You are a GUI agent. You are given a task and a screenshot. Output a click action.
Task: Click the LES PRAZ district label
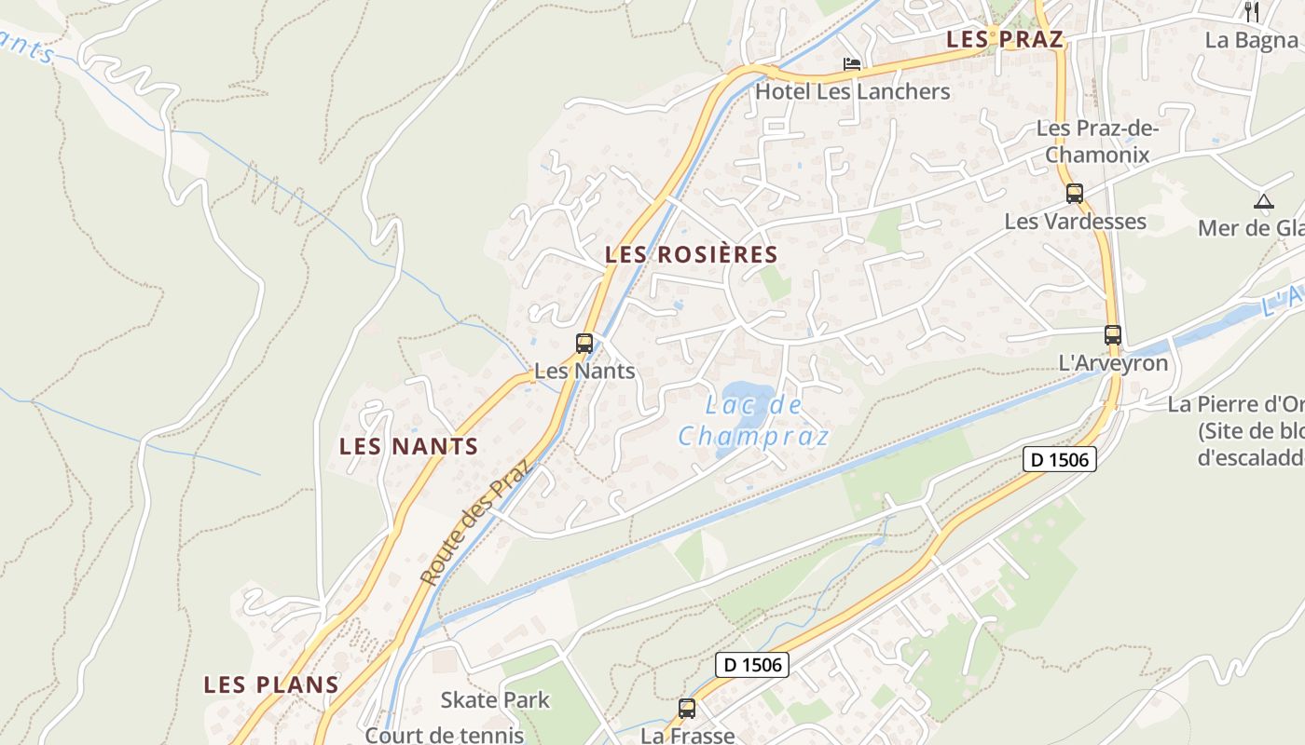pyautogui.click(x=1004, y=39)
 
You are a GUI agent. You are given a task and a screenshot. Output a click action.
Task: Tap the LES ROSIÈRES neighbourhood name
pyautogui.click(x=691, y=254)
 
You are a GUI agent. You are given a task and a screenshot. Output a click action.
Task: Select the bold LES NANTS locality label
pyautogui.click(x=408, y=446)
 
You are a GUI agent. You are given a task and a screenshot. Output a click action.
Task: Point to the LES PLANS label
pyautogui.click(x=271, y=684)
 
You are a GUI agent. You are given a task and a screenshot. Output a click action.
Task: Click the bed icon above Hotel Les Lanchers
pyautogui.click(x=852, y=64)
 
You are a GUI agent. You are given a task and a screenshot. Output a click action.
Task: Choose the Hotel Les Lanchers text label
pyautogui.click(x=852, y=91)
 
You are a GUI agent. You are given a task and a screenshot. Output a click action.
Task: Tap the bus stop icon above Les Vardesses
pyautogui.click(x=1075, y=194)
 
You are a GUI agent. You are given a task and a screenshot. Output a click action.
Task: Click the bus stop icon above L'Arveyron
pyautogui.click(x=1113, y=335)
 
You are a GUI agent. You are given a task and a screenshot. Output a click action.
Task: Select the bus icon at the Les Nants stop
pyautogui.click(x=584, y=344)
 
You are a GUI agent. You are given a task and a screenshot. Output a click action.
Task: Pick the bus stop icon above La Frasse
pyautogui.click(x=687, y=709)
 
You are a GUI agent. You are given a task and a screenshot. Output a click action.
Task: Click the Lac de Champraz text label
pyautogui.click(x=753, y=421)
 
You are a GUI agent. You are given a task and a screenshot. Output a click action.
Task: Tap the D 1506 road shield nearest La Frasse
pyautogui.click(x=752, y=665)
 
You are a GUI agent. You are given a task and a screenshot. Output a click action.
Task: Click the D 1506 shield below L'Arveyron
pyautogui.click(x=1059, y=458)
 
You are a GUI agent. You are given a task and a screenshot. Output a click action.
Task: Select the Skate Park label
pyautogui.click(x=495, y=700)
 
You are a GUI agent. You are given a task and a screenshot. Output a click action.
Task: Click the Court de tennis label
pyautogui.click(x=444, y=735)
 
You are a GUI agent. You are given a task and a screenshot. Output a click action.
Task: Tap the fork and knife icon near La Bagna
pyautogui.click(x=1252, y=12)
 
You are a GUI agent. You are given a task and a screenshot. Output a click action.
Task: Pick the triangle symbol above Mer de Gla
pyautogui.click(x=1263, y=201)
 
